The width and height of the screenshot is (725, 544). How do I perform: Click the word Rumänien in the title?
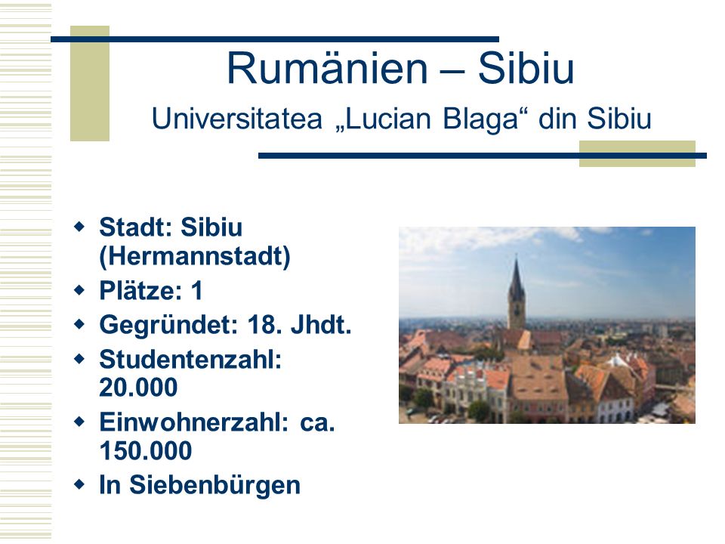click(x=327, y=69)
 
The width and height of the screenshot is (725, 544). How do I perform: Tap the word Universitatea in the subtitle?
click(x=236, y=119)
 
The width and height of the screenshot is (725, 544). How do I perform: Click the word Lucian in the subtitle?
click(x=386, y=119)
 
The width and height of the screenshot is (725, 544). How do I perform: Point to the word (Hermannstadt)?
click(x=195, y=256)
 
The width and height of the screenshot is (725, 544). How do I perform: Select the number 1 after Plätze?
click(x=197, y=290)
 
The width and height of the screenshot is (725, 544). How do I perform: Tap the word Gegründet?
click(x=168, y=325)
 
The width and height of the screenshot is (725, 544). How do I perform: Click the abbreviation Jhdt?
click(x=321, y=325)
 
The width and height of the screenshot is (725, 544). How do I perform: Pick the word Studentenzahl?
click(x=190, y=359)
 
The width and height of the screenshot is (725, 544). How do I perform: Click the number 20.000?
click(x=138, y=388)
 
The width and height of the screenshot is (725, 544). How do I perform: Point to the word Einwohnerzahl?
click(x=194, y=422)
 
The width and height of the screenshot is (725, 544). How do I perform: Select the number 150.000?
click(x=146, y=450)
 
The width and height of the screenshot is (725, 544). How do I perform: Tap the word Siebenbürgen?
click(x=214, y=485)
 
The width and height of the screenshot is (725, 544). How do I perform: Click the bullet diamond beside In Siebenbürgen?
click(x=79, y=484)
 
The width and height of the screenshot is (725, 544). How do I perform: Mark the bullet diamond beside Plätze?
click(x=79, y=290)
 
